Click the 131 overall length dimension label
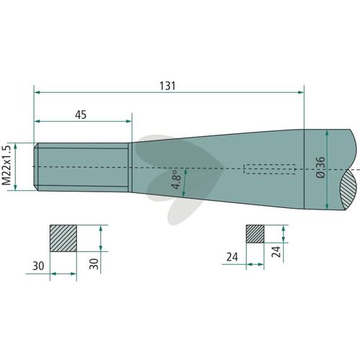pos(168,86)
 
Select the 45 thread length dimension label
pos(81,114)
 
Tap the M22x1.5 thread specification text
pos(6,166)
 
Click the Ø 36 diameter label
pos(320,167)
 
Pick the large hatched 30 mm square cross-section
pos(63,238)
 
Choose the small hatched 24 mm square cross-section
pos(255,234)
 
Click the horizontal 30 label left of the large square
pos(38,266)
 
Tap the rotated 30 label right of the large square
pos(94,264)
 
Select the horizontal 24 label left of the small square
pos(232,257)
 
